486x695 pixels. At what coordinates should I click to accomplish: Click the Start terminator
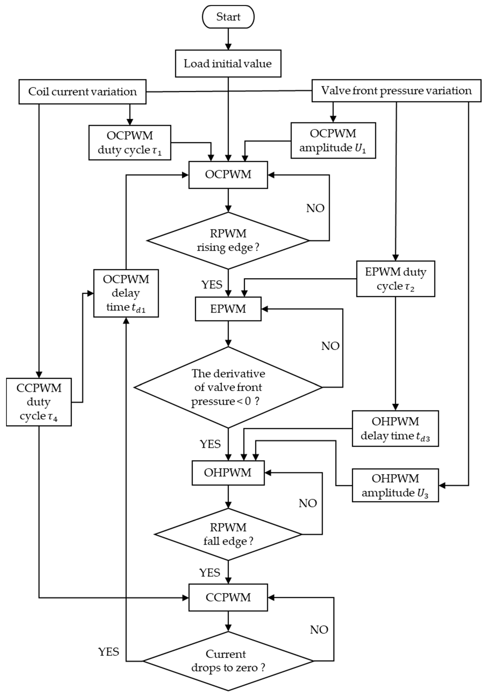coord(228,17)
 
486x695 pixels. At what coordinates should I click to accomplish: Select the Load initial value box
coord(228,64)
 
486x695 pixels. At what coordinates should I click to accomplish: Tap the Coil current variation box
coord(82,92)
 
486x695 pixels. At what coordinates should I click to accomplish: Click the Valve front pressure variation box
coord(396,91)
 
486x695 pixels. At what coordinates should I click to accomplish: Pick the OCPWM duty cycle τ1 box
coord(130,143)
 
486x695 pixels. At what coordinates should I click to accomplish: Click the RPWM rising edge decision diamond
coord(228,241)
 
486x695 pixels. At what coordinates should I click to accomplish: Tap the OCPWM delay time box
coord(126,293)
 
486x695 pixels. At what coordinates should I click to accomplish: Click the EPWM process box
coord(228,309)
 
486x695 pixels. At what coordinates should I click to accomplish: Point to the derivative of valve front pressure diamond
coord(228,387)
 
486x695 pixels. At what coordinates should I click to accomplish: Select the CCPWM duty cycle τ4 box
coord(39,402)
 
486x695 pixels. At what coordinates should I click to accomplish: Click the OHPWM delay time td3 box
coord(395,428)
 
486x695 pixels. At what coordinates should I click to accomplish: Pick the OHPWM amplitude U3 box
coord(395,485)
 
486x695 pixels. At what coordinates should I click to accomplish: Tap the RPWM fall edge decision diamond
coord(228,534)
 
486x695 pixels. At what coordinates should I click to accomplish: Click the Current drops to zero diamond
coord(228,661)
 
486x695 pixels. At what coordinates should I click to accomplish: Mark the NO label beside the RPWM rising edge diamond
coord(315,208)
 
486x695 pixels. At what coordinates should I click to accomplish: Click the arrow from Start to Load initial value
coord(228,39)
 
